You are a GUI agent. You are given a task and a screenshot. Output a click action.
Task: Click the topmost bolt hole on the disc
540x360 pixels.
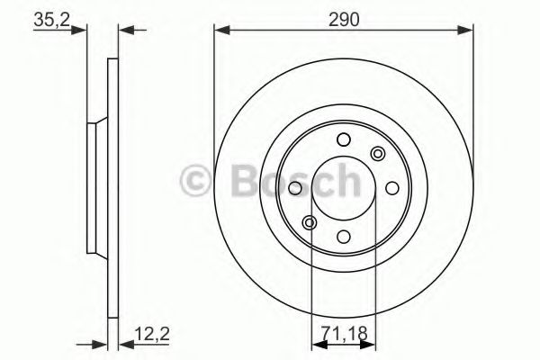pos(343,139)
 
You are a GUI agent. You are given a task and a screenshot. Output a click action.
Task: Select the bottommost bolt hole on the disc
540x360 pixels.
pos(343,237)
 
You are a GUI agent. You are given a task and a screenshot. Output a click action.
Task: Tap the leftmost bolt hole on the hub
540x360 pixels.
pos(294,187)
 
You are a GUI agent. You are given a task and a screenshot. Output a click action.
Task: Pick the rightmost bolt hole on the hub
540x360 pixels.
pos(391,187)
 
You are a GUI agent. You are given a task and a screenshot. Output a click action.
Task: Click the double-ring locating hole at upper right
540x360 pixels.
pos(377,153)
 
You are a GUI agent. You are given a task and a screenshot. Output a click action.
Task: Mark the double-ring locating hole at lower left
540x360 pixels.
pos(310,222)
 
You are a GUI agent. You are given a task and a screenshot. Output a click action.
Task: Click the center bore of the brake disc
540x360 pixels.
pos(343,187)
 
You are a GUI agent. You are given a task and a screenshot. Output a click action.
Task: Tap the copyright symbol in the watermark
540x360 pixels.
pos(194,182)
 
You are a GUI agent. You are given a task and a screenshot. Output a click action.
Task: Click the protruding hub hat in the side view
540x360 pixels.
pos(93,187)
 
